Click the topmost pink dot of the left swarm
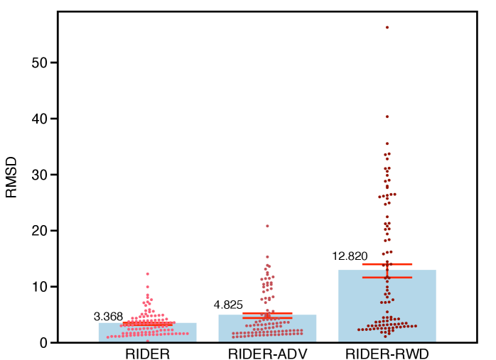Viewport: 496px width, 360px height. pyautogui.click(x=148, y=273)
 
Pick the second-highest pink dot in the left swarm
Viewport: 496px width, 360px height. pyautogui.click(x=148, y=287)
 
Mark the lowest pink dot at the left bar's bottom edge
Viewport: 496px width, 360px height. pyautogui.click(x=148, y=341)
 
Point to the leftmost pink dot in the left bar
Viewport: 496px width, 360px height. pyautogui.click(x=108, y=337)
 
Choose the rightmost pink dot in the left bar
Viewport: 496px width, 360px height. pyautogui.click(x=188, y=333)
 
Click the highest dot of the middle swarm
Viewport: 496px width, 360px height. pyautogui.click(x=267, y=226)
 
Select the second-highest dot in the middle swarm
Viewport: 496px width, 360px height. pyautogui.click(x=267, y=256)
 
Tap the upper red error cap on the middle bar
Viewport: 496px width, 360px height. pyautogui.click(x=267, y=313)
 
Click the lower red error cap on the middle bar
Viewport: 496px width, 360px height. pyautogui.click(x=267, y=317)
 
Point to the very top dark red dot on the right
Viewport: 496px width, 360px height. pyautogui.click(x=387, y=27)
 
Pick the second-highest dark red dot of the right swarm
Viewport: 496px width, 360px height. pyautogui.click(x=387, y=116)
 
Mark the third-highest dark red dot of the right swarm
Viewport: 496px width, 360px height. pyautogui.click(x=387, y=143)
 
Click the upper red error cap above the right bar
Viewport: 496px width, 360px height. pyautogui.click(x=387, y=264)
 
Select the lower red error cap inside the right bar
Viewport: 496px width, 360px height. pyautogui.click(x=387, y=278)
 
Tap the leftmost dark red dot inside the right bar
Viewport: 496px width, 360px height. pyautogui.click(x=359, y=329)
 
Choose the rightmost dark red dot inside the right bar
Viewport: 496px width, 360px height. pyautogui.click(x=415, y=326)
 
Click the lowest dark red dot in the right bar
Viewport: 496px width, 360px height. pyautogui.click(x=385, y=337)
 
